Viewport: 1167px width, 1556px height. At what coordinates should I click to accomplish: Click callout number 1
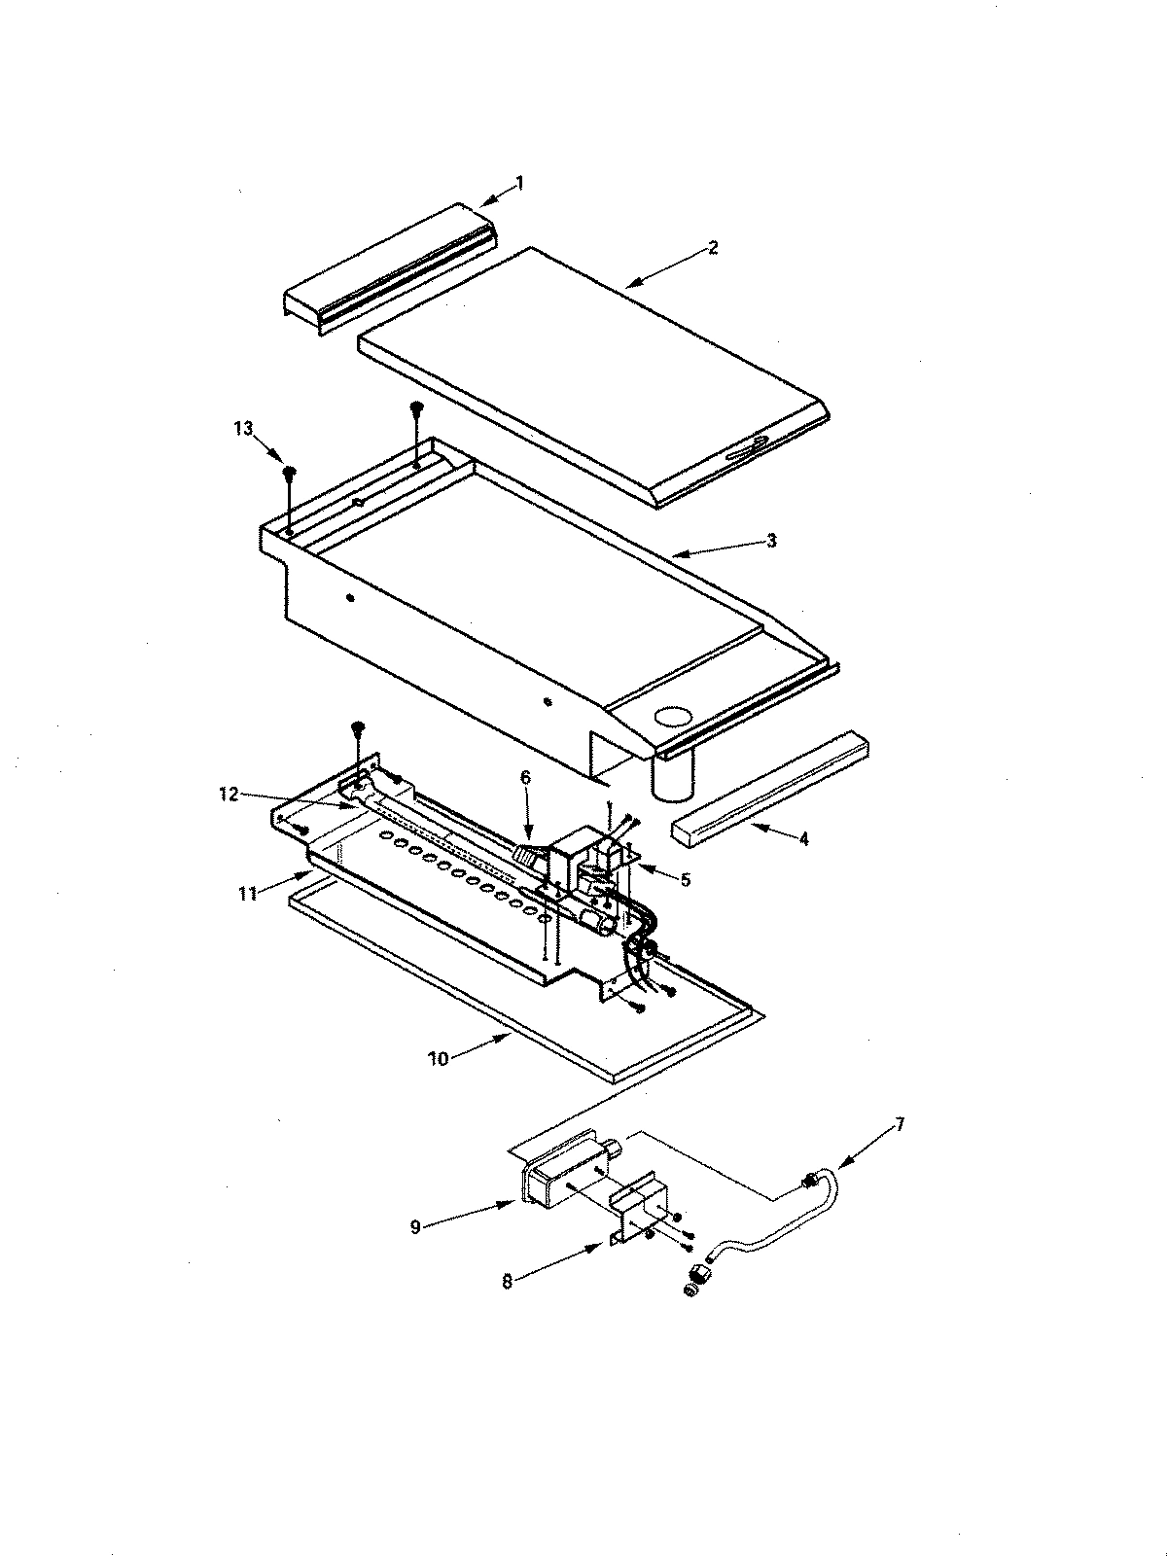tap(519, 182)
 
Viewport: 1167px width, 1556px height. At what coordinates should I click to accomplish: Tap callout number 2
tap(713, 248)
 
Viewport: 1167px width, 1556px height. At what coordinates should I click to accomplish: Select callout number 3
tap(771, 542)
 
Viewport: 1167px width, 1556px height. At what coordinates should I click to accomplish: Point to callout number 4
tap(803, 838)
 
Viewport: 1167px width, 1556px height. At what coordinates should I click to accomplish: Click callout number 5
tap(686, 879)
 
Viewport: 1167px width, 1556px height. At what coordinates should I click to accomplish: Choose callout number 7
tap(900, 1124)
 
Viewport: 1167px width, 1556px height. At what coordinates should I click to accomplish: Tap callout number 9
tap(415, 1227)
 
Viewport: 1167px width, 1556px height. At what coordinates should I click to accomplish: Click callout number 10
tap(439, 1058)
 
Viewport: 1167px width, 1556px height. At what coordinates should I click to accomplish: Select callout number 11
tap(249, 893)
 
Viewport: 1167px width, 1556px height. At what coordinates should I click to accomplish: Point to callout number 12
tap(228, 796)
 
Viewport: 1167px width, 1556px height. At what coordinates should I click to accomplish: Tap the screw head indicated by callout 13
tap(290, 474)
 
